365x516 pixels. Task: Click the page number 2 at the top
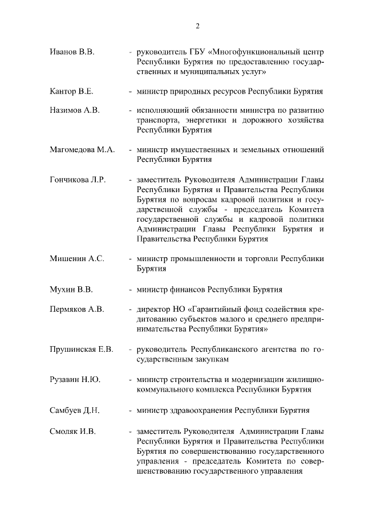tap(197, 26)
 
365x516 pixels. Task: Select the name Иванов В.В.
tap(72, 52)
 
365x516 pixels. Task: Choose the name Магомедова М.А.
tap(82, 149)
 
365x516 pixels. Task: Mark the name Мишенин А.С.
tap(77, 258)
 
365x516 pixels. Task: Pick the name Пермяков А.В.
tap(77, 309)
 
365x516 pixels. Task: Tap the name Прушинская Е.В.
tap(82, 349)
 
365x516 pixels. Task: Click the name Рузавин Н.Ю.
tap(75, 379)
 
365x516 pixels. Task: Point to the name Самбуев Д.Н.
tap(75, 410)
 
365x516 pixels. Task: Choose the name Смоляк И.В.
tap(72, 430)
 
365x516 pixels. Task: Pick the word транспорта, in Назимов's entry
tap(160, 120)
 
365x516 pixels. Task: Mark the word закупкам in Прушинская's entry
tap(213, 359)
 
